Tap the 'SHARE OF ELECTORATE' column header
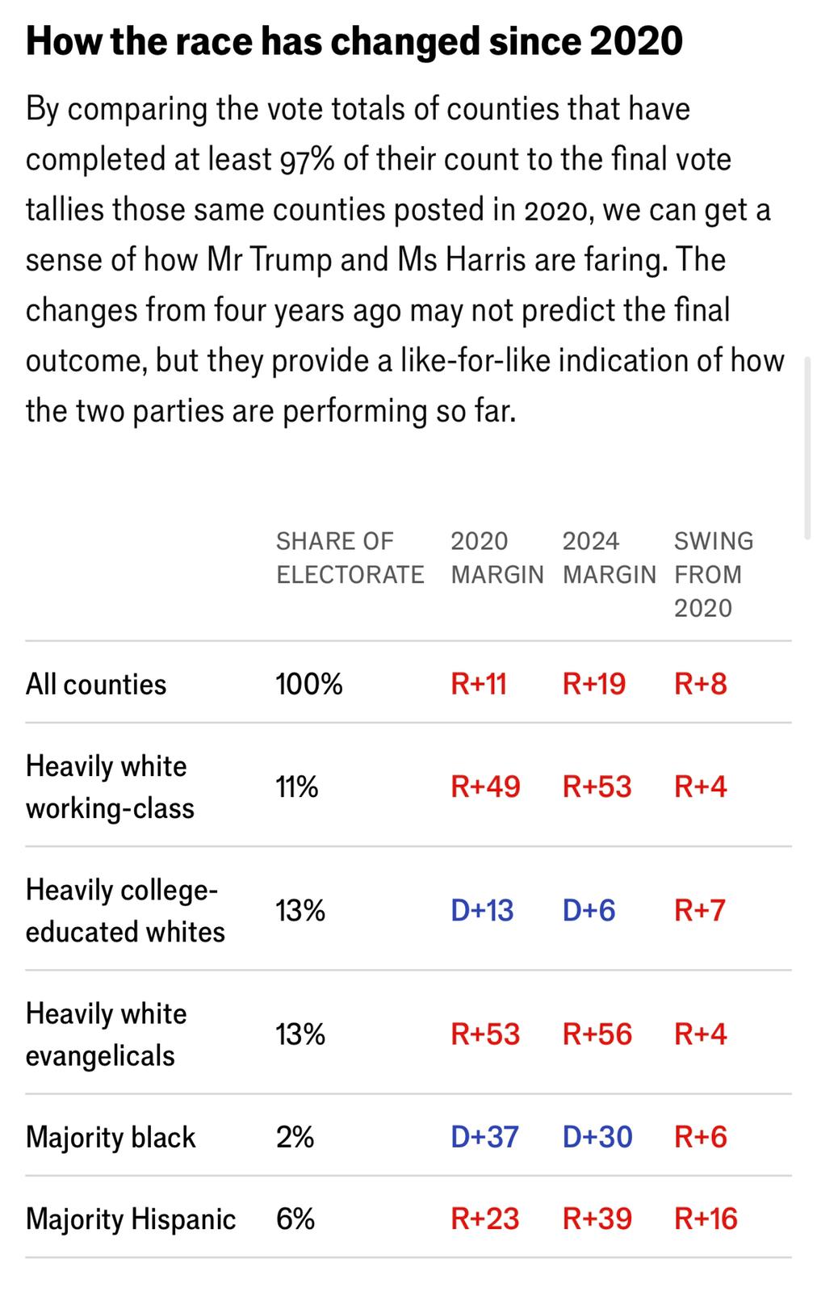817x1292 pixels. click(x=350, y=557)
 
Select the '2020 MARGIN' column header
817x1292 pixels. click(x=496, y=557)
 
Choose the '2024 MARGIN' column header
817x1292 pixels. click(x=609, y=557)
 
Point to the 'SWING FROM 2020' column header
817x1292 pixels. click(x=713, y=574)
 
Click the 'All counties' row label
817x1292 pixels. click(x=96, y=684)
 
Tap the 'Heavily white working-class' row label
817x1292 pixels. click(x=110, y=787)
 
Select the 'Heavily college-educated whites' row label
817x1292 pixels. click(x=125, y=910)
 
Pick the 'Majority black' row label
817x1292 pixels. click(x=111, y=1137)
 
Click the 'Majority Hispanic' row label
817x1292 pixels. click(x=131, y=1219)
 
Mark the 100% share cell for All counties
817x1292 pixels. click(x=309, y=684)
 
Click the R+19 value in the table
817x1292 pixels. click(x=593, y=684)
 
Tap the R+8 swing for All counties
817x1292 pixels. click(x=700, y=684)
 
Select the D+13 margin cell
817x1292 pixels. click(x=482, y=910)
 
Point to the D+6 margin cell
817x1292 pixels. click(x=589, y=910)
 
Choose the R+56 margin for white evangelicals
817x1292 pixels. click(x=597, y=1034)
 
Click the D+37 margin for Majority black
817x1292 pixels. click(x=484, y=1137)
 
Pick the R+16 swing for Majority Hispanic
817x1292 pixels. click(x=706, y=1219)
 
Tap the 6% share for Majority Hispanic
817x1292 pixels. click(x=295, y=1219)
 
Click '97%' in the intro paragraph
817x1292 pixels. click(x=307, y=159)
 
